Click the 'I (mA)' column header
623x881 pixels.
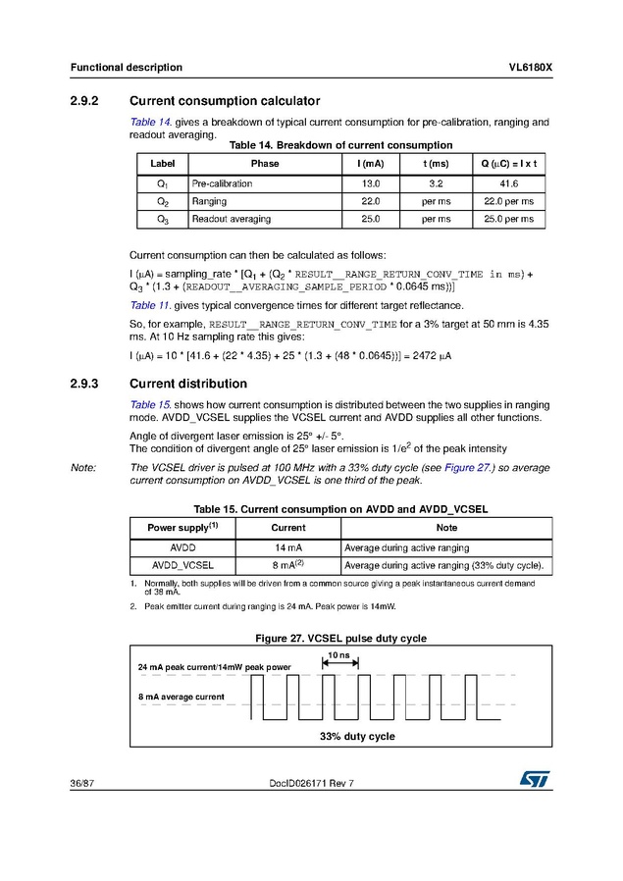[371, 163]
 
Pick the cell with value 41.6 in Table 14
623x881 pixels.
[508, 183]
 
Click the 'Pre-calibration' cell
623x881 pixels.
[222, 183]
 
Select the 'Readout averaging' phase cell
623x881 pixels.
[232, 219]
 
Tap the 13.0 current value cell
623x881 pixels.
[371, 183]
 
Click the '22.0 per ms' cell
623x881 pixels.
[508, 201]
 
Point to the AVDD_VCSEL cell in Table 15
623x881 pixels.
[185, 565]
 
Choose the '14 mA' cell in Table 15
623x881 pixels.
[287, 546]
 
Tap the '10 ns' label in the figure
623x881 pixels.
[338, 653]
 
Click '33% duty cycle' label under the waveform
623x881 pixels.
[357, 736]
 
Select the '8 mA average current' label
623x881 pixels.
[181, 697]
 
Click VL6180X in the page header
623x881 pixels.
[530, 68]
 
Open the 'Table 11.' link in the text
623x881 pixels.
[151, 306]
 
